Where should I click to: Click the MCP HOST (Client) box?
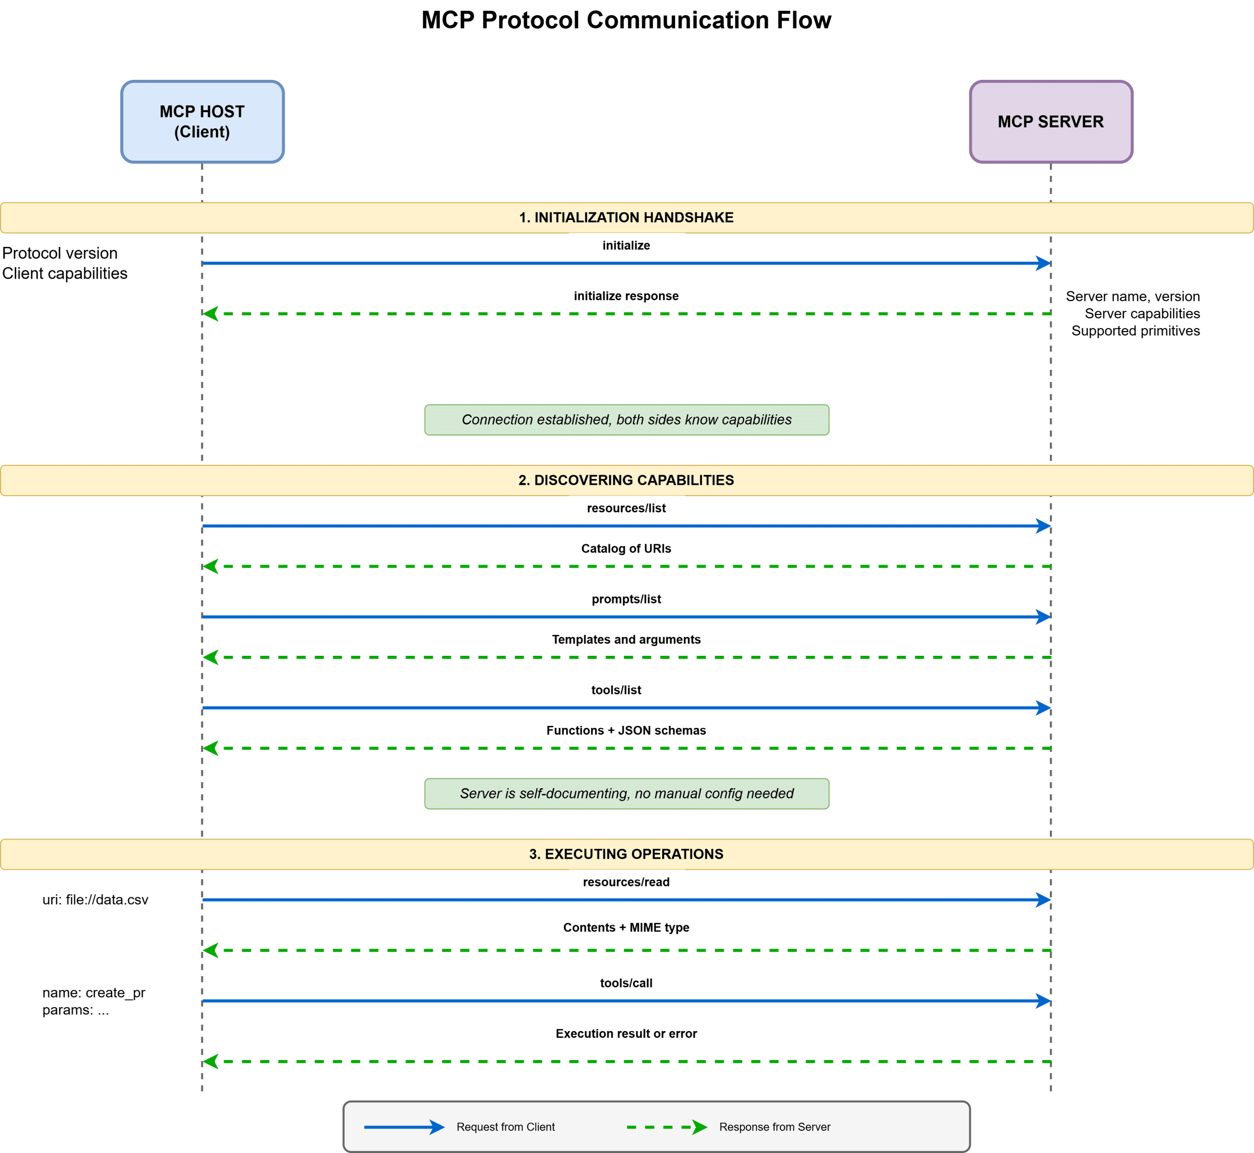(202, 121)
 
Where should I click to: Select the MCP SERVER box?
(1051, 121)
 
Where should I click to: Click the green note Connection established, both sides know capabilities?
(627, 420)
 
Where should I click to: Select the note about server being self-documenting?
(627, 793)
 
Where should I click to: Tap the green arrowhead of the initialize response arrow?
(211, 314)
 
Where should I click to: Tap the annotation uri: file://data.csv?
(96, 900)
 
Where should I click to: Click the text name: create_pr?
(94, 993)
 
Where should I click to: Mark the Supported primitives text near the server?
(1135, 331)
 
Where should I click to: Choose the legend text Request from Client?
(506, 1127)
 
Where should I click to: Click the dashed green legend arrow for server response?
(666, 1127)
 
